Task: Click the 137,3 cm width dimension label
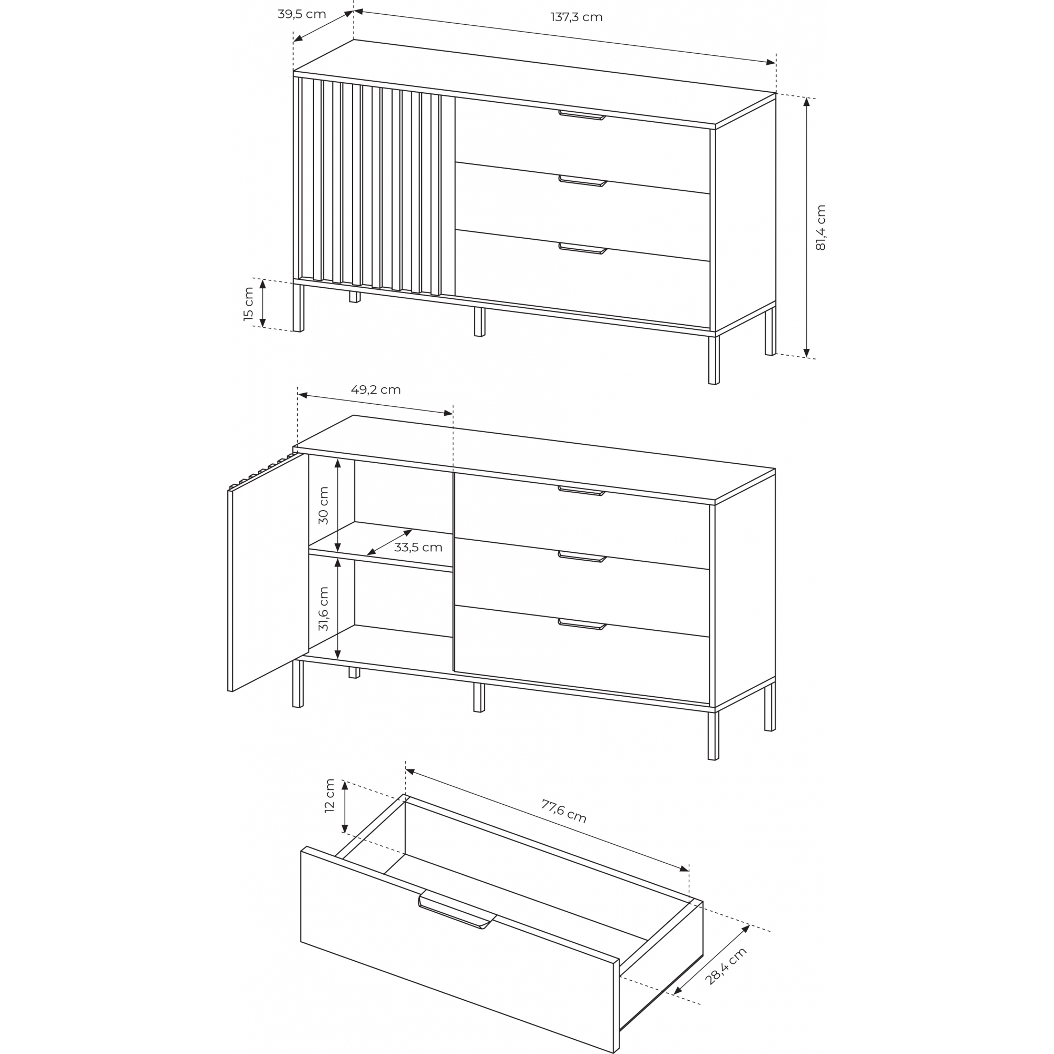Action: [576, 17]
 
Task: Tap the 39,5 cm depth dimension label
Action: [301, 14]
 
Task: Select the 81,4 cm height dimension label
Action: [821, 228]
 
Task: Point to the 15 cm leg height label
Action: [249, 304]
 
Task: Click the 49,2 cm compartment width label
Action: [375, 389]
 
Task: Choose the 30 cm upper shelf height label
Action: [324, 506]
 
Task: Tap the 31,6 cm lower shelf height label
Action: [324, 609]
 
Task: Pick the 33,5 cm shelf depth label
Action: [418, 547]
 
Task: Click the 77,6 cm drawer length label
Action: [563, 811]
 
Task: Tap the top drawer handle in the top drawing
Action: [582, 115]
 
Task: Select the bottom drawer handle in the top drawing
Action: [583, 249]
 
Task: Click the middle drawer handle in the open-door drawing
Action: [582, 557]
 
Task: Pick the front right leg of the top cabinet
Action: [714, 360]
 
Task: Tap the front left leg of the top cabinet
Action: [298, 308]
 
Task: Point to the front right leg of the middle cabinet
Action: [713, 736]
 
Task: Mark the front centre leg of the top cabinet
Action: [479, 322]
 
